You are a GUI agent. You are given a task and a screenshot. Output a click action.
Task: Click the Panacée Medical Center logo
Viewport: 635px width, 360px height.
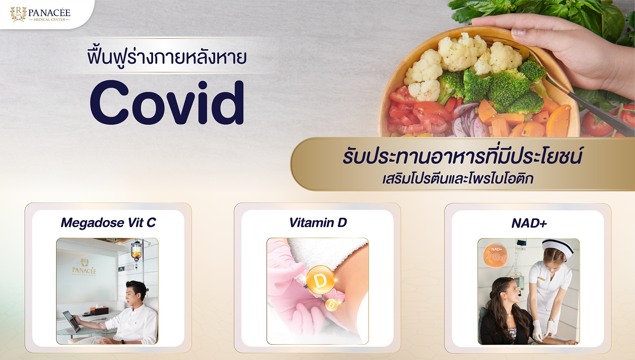tap(40, 14)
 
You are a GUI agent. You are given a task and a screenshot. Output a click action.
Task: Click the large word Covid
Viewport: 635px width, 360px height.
tap(167, 103)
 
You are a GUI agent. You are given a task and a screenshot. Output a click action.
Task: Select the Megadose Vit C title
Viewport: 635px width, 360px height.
tap(108, 223)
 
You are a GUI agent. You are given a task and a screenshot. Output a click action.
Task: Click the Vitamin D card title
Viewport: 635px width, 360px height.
tap(318, 223)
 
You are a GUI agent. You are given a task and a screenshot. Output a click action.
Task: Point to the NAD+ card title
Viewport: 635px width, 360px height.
tap(529, 223)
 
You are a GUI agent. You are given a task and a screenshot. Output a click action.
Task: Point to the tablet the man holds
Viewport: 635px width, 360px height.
tap(72, 321)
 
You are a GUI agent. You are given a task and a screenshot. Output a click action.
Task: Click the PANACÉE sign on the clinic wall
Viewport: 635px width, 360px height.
tap(84, 268)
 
